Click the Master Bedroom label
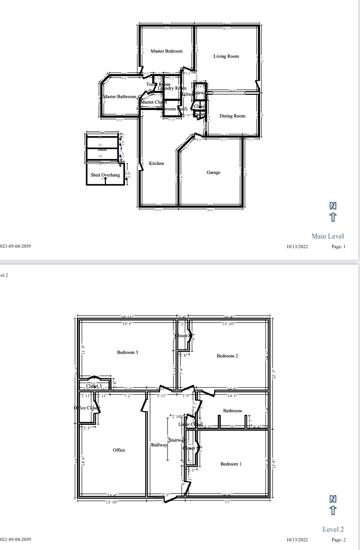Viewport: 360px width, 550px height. [x=167, y=51]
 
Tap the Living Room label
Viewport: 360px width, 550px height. [x=226, y=56]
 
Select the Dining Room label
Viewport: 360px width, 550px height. [x=232, y=116]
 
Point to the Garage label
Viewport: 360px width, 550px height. [x=213, y=172]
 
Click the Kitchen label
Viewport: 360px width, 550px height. [x=156, y=163]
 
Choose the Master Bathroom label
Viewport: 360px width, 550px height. [x=119, y=96]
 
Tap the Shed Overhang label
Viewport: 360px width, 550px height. [x=105, y=175]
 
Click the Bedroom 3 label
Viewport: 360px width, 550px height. [x=127, y=352]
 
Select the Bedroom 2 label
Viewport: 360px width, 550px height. [x=227, y=356]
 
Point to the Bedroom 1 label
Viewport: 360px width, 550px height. [x=231, y=464]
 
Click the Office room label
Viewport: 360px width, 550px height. [x=119, y=450]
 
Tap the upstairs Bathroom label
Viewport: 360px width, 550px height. [x=232, y=411]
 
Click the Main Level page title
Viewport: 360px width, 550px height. [x=327, y=236]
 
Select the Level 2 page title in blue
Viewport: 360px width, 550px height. [x=333, y=529]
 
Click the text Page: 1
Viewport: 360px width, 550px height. [x=338, y=247]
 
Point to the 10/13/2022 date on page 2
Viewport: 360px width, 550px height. [x=297, y=540]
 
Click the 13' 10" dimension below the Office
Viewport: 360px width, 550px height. [x=112, y=502]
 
